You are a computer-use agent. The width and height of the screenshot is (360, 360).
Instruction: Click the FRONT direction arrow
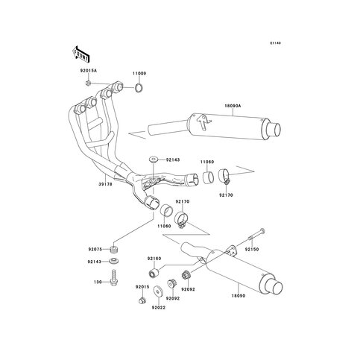[x=80, y=54]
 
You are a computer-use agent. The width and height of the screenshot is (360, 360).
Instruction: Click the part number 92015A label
[x=88, y=71]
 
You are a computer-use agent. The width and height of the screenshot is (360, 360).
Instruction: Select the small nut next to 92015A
[x=88, y=83]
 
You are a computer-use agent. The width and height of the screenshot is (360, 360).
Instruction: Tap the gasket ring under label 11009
[x=139, y=88]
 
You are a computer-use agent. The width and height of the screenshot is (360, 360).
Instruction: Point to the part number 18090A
[x=233, y=106]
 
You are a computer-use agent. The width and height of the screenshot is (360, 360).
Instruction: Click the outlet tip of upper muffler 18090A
[x=275, y=130]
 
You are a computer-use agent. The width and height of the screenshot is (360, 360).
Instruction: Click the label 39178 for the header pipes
[x=106, y=184]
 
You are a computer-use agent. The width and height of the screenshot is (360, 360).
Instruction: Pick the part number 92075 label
[x=95, y=249]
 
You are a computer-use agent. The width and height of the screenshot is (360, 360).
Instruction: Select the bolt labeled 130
[x=114, y=277]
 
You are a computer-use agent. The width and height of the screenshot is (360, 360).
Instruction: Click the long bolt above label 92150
[x=256, y=235]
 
